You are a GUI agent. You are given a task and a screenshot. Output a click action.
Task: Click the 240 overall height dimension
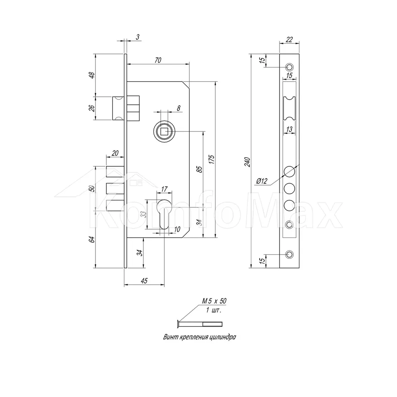pyautogui.click(x=247, y=162)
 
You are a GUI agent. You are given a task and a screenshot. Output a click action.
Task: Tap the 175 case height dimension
pyautogui.click(x=212, y=159)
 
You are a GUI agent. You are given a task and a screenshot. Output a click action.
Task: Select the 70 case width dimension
pyautogui.click(x=158, y=60)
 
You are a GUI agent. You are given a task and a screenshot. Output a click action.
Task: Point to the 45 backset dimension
pyautogui.click(x=144, y=281)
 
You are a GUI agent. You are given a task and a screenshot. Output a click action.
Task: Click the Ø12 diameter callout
pyautogui.click(x=262, y=181)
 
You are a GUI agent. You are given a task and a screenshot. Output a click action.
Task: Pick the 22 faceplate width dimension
pyautogui.click(x=289, y=39)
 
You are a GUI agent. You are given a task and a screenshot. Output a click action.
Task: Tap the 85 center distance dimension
pyautogui.click(x=200, y=169)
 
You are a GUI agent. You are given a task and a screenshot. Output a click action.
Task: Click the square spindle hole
pyautogui.click(x=164, y=132)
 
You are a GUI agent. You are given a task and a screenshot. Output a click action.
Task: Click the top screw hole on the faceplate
pyautogui.click(x=289, y=67)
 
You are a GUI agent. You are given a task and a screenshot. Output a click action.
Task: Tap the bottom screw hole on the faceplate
pyautogui.click(x=289, y=254)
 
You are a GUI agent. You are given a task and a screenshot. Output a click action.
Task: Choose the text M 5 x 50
pyautogui.click(x=214, y=301)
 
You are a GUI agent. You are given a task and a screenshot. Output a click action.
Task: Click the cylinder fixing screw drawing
pyautogui.click(x=200, y=324)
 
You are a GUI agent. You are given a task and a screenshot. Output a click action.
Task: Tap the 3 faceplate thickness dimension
pyautogui.click(x=137, y=37)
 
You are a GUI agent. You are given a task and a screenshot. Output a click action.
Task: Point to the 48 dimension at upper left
pyautogui.click(x=92, y=75)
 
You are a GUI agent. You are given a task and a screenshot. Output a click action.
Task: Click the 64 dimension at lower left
pyautogui.click(x=92, y=239)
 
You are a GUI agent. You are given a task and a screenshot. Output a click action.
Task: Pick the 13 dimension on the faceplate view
pyautogui.click(x=289, y=129)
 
